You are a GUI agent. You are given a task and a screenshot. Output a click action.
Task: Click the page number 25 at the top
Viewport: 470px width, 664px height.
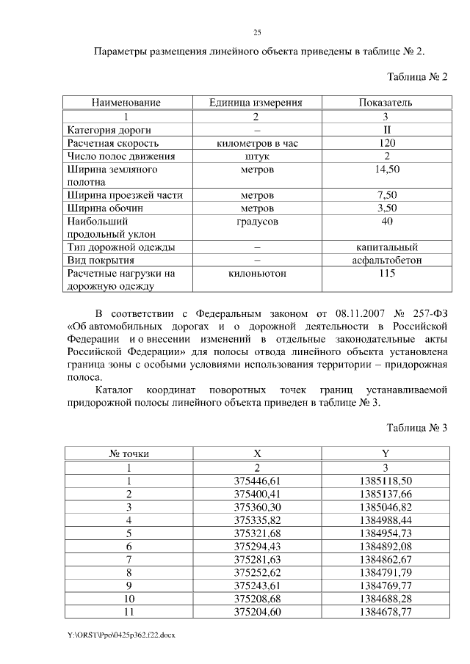(x=257, y=32)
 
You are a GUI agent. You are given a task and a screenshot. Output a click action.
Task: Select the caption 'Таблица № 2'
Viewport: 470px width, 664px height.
(x=416, y=77)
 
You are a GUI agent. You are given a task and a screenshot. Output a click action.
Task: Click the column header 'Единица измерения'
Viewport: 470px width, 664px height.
(x=256, y=103)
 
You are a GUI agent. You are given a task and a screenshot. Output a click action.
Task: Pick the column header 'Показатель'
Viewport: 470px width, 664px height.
(x=386, y=103)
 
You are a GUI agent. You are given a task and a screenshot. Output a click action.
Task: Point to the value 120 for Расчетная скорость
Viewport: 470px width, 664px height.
(x=386, y=143)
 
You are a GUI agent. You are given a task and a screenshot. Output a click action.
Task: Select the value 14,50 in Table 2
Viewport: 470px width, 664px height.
(x=386, y=169)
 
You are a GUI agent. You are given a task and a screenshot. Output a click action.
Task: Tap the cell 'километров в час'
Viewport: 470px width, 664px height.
(x=257, y=143)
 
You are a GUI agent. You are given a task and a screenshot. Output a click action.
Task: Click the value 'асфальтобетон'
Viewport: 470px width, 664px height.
(x=386, y=260)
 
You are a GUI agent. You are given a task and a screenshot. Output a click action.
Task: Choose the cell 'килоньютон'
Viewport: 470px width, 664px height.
(x=257, y=273)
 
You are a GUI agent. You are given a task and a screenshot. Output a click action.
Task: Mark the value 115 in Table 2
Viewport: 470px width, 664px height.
(x=386, y=273)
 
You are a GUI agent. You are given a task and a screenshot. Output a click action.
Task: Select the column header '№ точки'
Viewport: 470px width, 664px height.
(x=129, y=453)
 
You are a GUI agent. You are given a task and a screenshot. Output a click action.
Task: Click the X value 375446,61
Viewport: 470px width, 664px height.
(x=257, y=480)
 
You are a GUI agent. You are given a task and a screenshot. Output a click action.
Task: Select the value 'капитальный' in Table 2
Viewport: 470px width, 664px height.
(x=386, y=247)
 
